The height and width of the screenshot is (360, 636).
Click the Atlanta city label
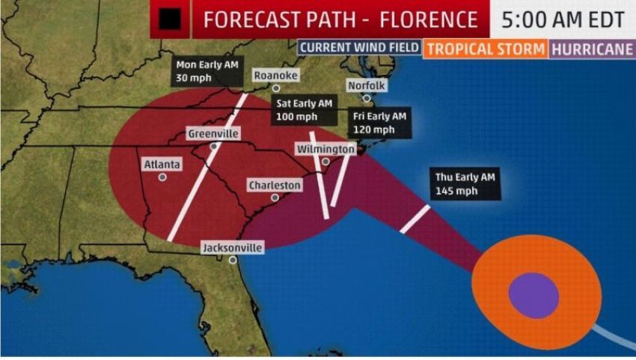point(162,164)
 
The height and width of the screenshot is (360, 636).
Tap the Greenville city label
point(213,133)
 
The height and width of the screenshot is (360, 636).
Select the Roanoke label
point(275,76)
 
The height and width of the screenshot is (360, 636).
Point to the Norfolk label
point(366,85)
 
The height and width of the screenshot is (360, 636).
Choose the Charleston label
point(275,185)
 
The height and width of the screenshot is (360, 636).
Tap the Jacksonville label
point(233,248)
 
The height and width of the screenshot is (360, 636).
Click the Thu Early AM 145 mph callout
point(467,184)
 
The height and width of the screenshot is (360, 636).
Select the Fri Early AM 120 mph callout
point(380,123)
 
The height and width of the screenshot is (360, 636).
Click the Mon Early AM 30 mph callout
point(199,71)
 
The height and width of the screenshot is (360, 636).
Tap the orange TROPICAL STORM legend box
point(485,49)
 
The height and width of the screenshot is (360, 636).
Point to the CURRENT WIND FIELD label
point(358,48)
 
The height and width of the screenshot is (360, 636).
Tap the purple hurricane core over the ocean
point(533,294)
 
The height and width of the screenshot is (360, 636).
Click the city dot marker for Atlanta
point(162,177)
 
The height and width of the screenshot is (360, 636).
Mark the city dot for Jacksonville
point(233,260)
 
